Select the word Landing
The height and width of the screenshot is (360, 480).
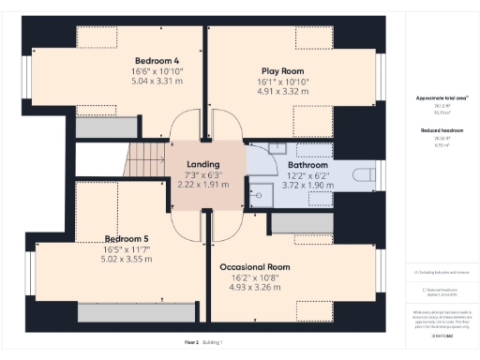202,164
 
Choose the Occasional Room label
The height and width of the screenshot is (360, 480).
255,267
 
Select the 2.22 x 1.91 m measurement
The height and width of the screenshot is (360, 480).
202,186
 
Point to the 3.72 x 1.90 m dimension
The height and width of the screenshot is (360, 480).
307,186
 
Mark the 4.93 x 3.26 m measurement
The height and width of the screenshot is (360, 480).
255,289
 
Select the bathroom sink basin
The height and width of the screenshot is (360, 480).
279,149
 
